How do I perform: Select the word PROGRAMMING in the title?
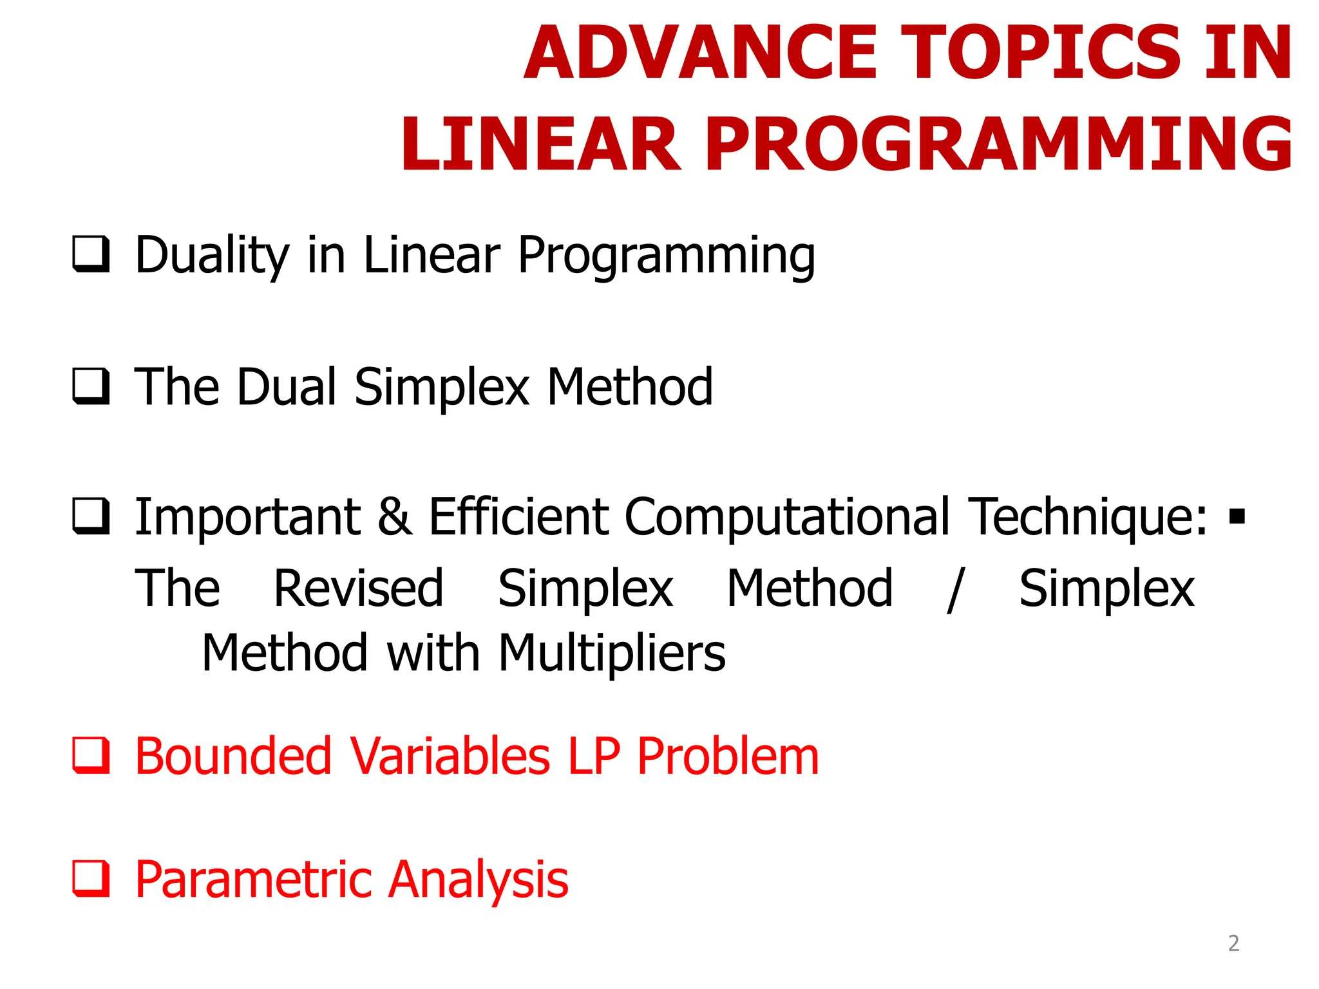998,145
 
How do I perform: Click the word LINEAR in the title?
540,145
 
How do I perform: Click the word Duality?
212,256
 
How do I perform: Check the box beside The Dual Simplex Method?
90,386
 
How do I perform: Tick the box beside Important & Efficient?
90,516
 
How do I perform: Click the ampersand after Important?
395,516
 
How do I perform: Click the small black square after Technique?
1237,516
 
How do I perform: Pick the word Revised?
358,589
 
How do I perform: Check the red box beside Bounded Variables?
90,756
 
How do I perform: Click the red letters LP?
594,757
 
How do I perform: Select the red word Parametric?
254,880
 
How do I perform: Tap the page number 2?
1233,943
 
